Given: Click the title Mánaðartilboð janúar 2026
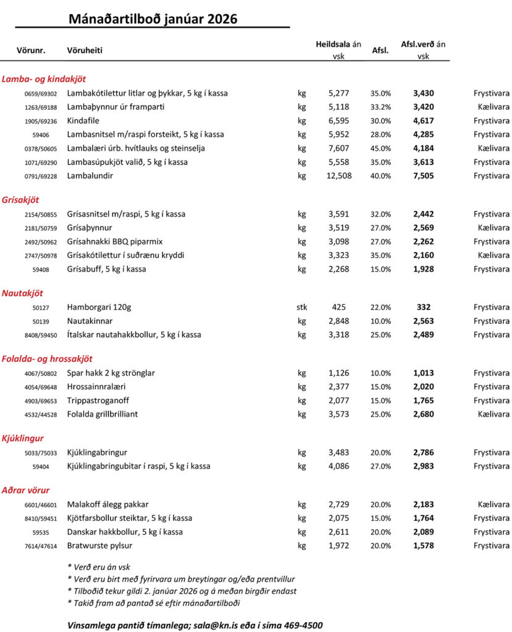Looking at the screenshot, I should pyautogui.click(x=153, y=19).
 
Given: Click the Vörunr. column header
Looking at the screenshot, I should pyautogui.click(x=31, y=50).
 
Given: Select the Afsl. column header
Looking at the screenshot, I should pyautogui.click(x=380, y=51).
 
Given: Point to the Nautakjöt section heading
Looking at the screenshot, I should pyautogui.click(x=23, y=293).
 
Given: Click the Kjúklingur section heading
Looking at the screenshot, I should pyautogui.click(x=23, y=438).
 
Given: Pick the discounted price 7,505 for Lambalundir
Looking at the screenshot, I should pyautogui.click(x=423, y=176).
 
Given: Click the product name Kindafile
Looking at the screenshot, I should pyautogui.click(x=83, y=120).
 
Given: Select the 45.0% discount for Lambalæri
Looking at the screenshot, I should pyautogui.click(x=380, y=148).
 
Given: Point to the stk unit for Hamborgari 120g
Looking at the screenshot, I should pyautogui.click(x=302, y=307).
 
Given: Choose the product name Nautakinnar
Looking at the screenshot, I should pyautogui.click(x=90, y=321).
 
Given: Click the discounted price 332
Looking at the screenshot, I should pyautogui.click(x=423, y=307).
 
